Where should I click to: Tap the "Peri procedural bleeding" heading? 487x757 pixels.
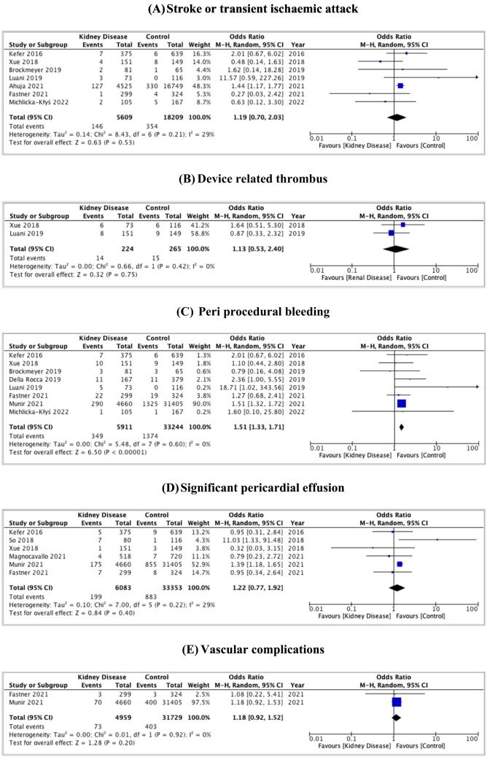coord(252,311)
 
